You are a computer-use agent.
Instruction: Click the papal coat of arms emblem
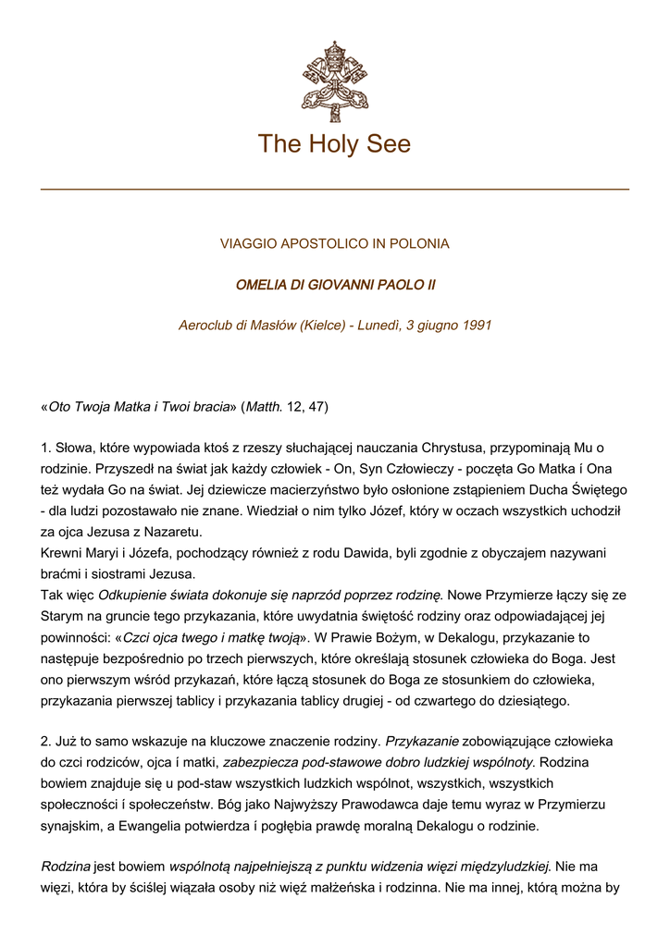tap(334, 80)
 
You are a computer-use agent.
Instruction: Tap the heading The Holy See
tap(334, 144)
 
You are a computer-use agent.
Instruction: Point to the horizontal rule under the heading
tap(334, 190)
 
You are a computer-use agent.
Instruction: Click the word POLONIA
tap(419, 244)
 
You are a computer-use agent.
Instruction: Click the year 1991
tap(475, 326)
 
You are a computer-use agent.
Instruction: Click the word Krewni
tap(62, 552)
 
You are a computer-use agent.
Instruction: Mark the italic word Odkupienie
tap(132, 594)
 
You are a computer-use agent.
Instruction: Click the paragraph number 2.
tap(45, 742)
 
